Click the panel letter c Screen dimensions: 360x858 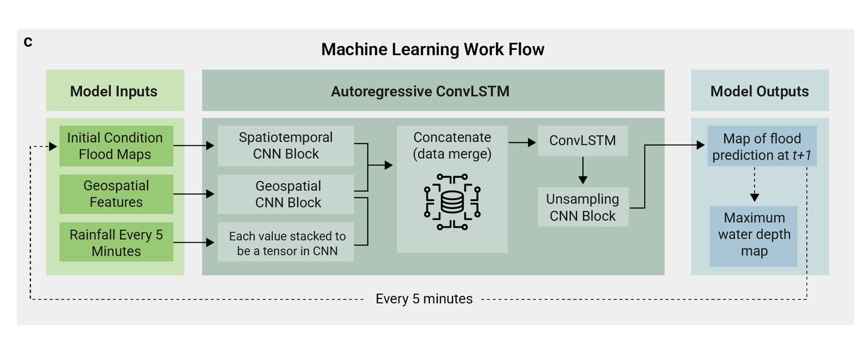28,42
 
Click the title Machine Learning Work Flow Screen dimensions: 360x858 432,49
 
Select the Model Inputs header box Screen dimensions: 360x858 115,91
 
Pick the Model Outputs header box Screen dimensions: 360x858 759,91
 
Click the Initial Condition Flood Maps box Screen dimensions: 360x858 116,146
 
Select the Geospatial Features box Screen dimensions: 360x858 116,194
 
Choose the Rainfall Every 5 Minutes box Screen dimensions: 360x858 116,242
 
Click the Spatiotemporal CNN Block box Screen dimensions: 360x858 286,146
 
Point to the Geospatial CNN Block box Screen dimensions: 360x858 286,194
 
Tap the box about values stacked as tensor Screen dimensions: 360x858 286,243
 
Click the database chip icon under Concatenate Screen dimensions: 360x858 452,201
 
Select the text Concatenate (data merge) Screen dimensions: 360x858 452,145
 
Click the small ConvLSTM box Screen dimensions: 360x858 582,141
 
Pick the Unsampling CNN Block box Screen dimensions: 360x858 582,207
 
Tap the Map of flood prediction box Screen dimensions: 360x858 762,146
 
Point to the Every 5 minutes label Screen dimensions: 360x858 424,299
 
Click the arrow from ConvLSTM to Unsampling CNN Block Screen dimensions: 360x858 582,171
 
